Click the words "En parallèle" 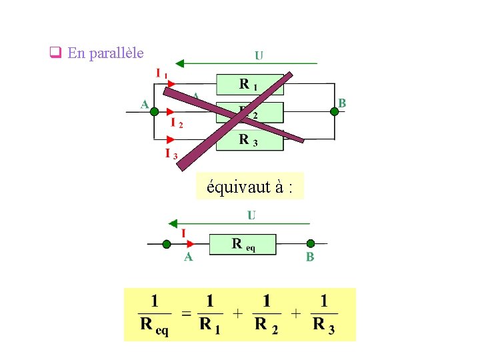click(105, 53)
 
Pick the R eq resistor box click(242, 244)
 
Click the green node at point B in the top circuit click(335, 111)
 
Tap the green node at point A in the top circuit click(153, 111)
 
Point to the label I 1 click(161, 73)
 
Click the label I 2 click(177, 123)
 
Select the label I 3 click(171, 154)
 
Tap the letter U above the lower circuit click(251, 215)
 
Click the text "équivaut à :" click(249, 187)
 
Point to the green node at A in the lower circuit click(167, 244)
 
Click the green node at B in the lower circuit click(310, 244)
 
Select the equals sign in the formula click(187, 313)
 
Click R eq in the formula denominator click(154, 326)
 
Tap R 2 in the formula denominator click(266, 325)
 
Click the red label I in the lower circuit click(183, 233)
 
